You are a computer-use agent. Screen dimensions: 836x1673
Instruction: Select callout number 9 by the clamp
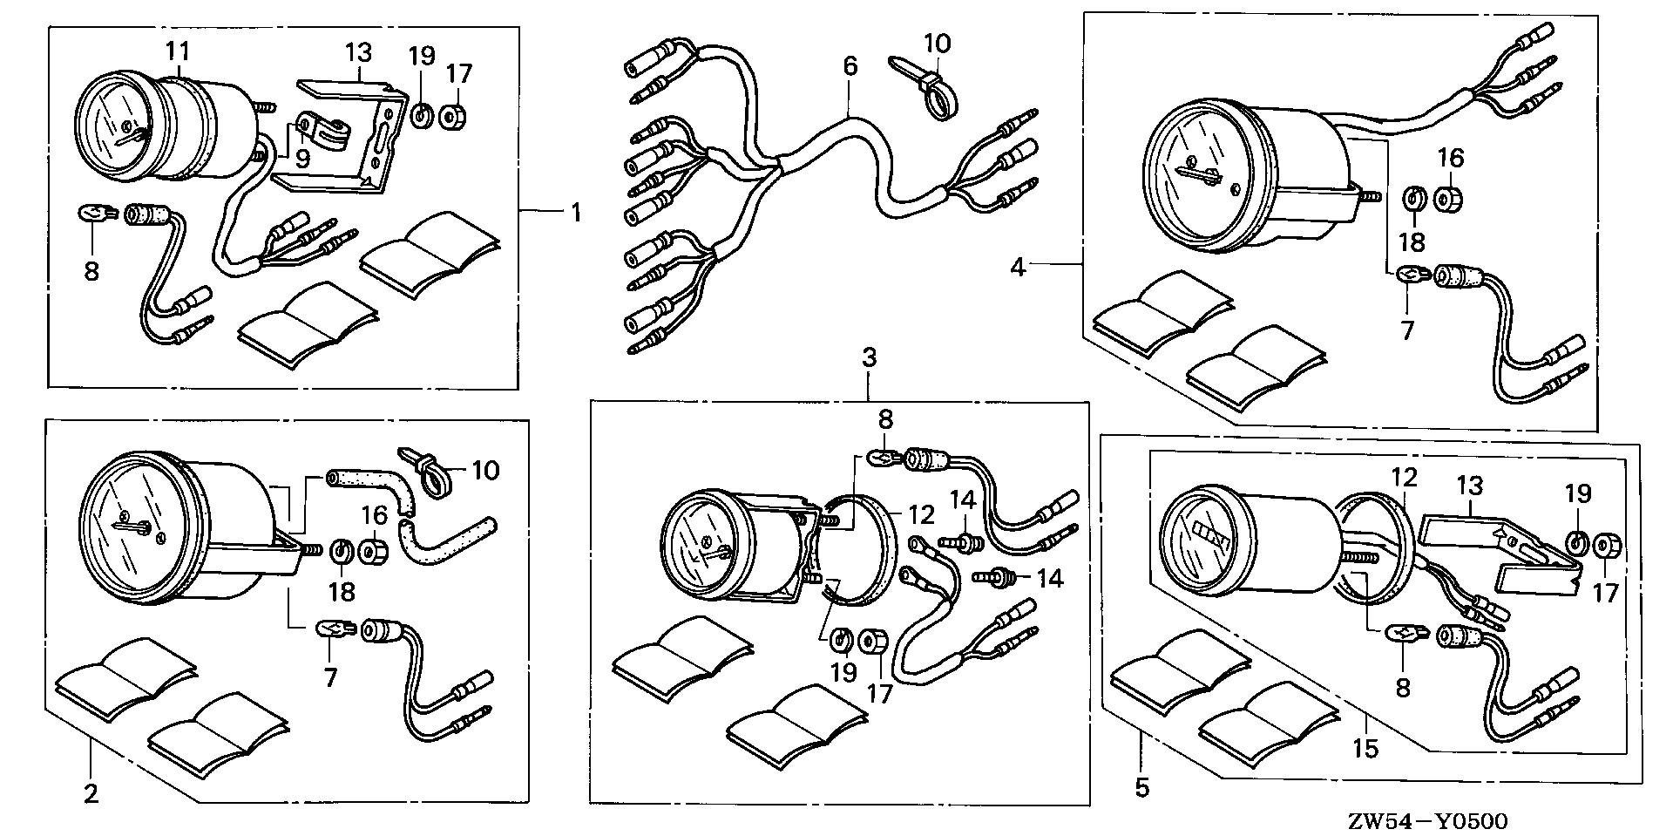pyautogui.click(x=303, y=159)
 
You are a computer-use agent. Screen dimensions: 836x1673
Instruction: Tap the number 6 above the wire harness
pyautogui.click(x=850, y=65)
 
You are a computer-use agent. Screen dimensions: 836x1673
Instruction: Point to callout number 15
pyautogui.click(x=1365, y=748)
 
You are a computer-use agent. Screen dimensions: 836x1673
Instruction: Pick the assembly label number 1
pyautogui.click(x=576, y=212)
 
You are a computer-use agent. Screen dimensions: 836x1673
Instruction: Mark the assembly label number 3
pyautogui.click(x=869, y=357)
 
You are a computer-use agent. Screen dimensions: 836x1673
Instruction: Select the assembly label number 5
pyautogui.click(x=1141, y=789)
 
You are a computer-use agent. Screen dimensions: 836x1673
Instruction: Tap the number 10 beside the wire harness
pyautogui.click(x=938, y=44)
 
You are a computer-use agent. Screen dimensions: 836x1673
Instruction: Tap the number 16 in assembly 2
pyautogui.click(x=375, y=516)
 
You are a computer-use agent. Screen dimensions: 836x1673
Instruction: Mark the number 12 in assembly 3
pyautogui.click(x=921, y=514)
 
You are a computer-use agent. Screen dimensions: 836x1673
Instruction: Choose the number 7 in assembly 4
pyautogui.click(x=1408, y=330)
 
